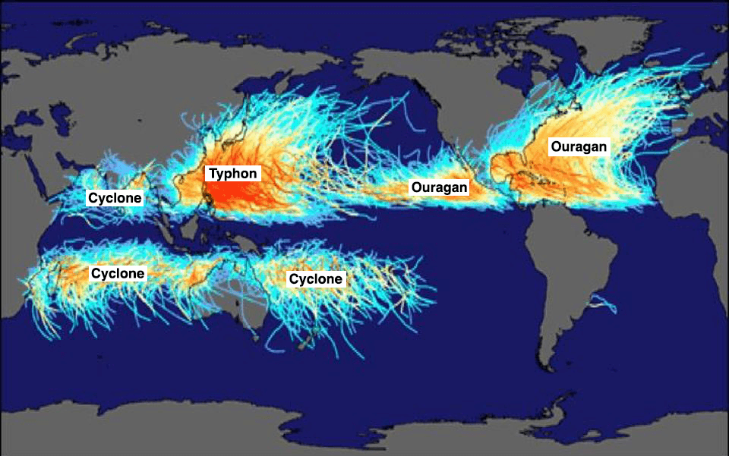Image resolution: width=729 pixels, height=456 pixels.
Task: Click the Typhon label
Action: pyautogui.click(x=234, y=174)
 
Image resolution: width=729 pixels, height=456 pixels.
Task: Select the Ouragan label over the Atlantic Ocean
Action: pyautogui.click(x=579, y=146)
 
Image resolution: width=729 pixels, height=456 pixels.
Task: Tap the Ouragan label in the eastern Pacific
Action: pyautogui.click(x=439, y=187)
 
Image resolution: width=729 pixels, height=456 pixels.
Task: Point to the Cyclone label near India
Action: pyautogui.click(x=115, y=198)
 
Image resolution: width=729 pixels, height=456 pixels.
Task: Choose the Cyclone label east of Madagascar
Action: pyautogui.click(x=118, y=273)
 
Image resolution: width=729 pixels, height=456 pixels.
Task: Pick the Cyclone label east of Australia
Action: pyautogui.click(x=316, y=279)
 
